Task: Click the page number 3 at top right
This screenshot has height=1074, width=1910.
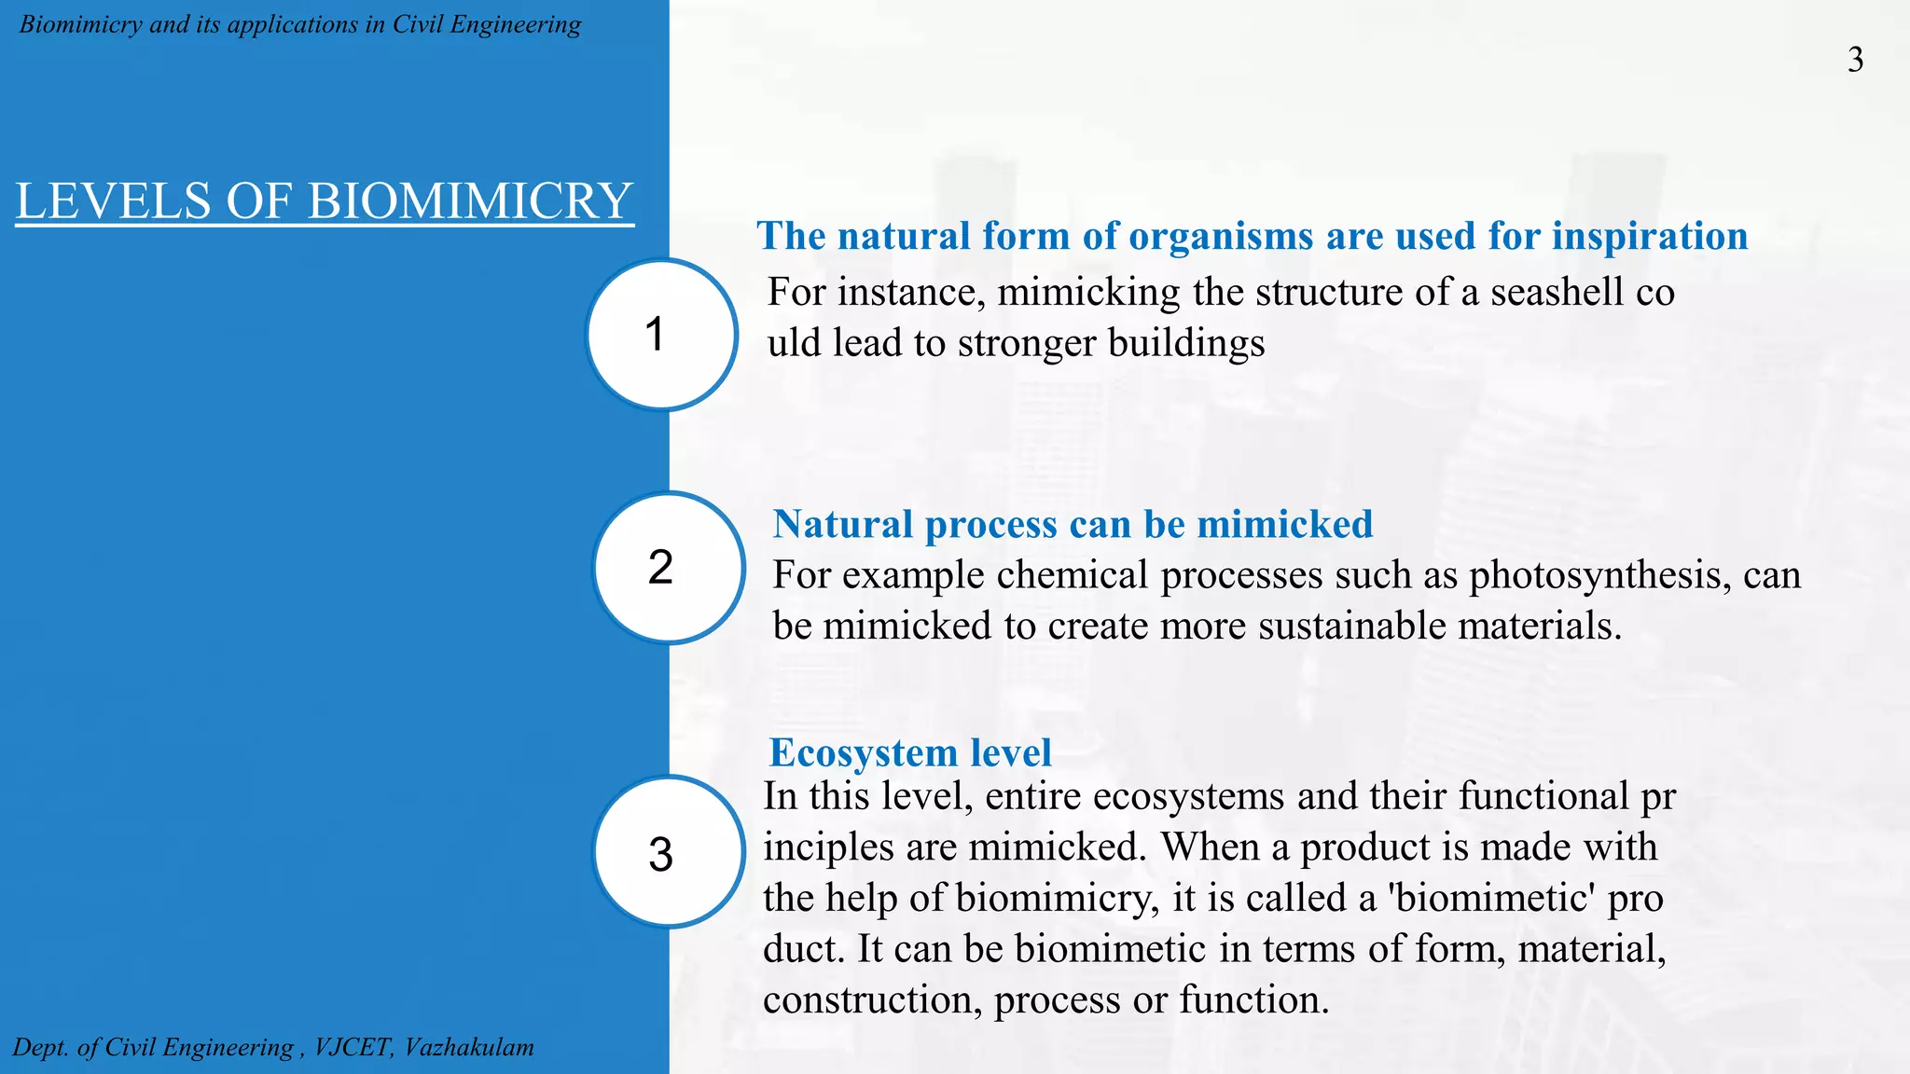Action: pyautogui.click(x=1855, y=61)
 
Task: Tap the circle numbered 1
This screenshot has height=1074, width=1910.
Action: pyautogui.click(x=661, y=335)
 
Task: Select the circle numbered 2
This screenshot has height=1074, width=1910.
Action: pyautogui.click(x=668, y=568)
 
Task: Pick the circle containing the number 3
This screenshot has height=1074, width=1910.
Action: pyautogui.click(x=668, y=853)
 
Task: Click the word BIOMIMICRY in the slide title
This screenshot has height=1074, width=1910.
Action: pyautogui.click(x=470, y=201)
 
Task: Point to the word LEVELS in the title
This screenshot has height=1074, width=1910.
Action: pyautogui.click(x=114, y=201)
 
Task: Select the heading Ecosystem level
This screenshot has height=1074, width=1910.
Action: pyautogui.click(x=909, y=752)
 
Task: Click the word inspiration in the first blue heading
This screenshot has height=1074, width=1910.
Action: pyautogui.click(x=1649, y=236)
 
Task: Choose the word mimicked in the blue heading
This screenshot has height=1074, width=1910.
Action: pyautogui.click(x=1284, y=524)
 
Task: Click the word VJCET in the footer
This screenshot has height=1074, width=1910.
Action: pyautogui.click(x=353, y=1047)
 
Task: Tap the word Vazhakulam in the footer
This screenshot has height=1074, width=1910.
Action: pyautogui.click(x=469, y=1047)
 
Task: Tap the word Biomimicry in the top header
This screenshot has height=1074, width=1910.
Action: pyautogui.click(x=80, y=24)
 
